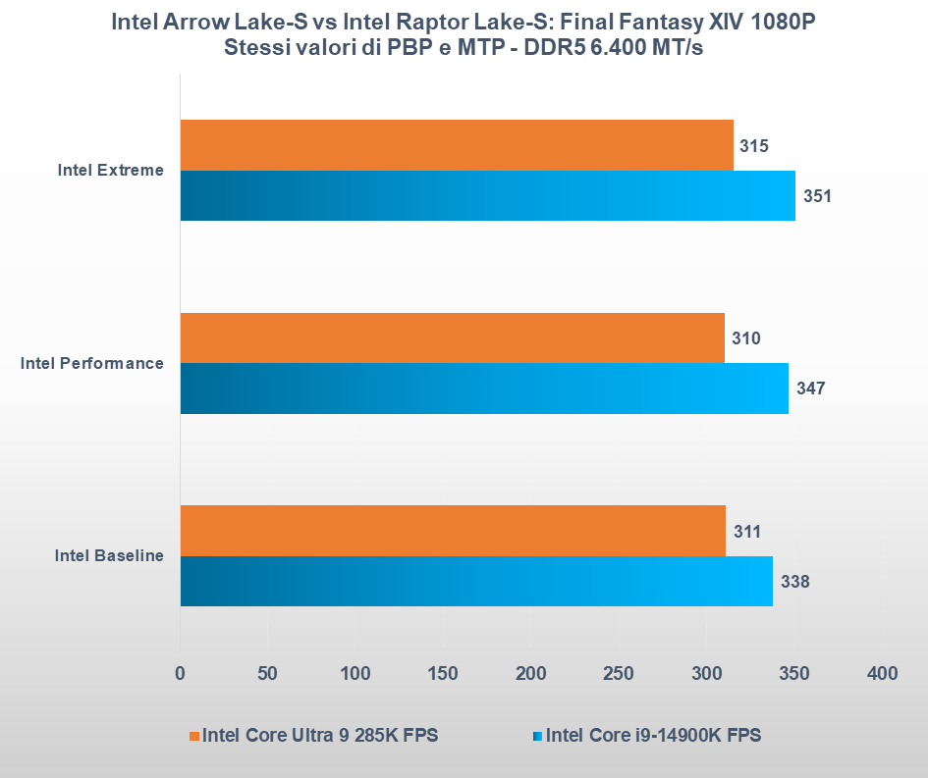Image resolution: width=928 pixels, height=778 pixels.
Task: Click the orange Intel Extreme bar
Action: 457,145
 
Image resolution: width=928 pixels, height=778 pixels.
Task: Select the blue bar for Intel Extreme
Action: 487,195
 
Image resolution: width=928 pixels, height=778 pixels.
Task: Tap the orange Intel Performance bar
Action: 453,338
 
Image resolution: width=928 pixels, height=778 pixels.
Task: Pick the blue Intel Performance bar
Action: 484,389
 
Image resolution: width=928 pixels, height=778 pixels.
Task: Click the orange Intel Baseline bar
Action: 453,531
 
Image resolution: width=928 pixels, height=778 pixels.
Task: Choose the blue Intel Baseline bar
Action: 476,581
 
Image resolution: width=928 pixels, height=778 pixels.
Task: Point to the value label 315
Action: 752,146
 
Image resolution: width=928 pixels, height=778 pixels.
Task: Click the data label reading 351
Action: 816,196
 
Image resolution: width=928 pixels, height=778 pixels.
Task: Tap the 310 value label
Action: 745,338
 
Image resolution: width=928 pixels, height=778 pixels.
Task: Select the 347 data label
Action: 810,389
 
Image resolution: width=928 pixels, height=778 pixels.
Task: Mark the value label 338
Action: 794,581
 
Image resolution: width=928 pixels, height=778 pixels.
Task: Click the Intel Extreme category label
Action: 110,171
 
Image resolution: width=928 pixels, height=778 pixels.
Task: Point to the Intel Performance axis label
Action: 92,363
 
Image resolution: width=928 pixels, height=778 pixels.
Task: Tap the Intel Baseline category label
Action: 109,556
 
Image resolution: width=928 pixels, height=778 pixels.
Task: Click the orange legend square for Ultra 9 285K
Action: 194,736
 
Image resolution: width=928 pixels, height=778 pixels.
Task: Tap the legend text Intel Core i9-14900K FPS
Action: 653,736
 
